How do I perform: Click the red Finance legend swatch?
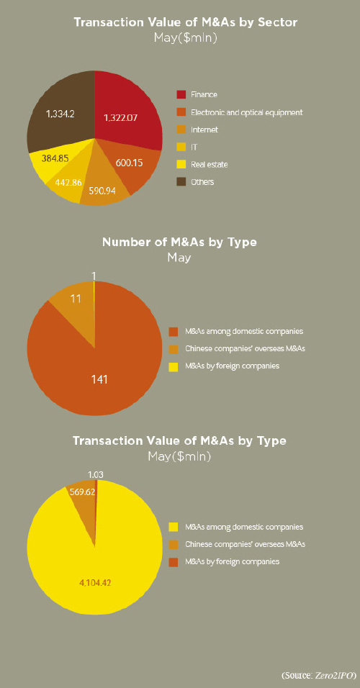point(181,94)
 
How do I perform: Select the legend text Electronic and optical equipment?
point(247,112)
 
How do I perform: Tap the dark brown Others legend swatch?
point(181,181)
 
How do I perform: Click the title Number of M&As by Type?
point(179,242)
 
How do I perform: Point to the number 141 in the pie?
point(99,379)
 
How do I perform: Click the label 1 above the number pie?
point(94,276)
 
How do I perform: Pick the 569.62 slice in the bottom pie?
point(84,504)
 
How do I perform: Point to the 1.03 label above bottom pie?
point(95,474)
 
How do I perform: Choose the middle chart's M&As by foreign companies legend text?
point(233,365)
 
